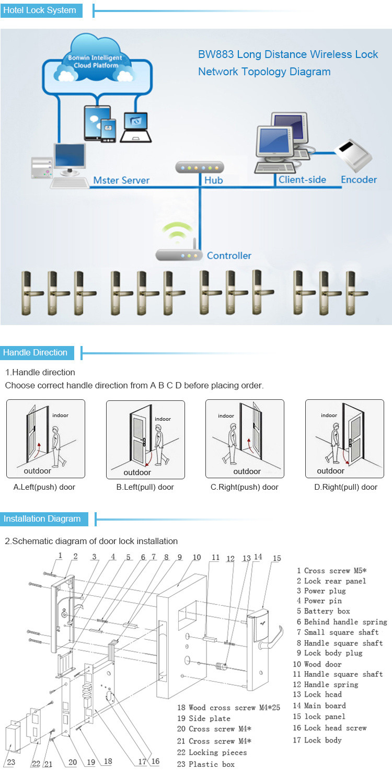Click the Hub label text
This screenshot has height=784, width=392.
tap(213, 180)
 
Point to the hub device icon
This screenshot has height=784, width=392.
tap(199, 167)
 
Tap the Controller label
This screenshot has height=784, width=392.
tap(229, 256)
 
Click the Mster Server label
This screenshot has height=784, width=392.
tap(121, 180)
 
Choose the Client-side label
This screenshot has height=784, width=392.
tap(302, 180)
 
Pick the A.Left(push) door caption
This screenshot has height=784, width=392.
tap(44, 487)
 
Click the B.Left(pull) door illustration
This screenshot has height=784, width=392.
tap(145, 439)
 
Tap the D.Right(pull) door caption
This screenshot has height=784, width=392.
tap(345, 487)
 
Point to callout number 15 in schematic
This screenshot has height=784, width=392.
tap(276, 558)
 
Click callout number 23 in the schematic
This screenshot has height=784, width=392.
tap(11, 762)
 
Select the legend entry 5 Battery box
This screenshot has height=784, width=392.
tap(323, 611)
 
